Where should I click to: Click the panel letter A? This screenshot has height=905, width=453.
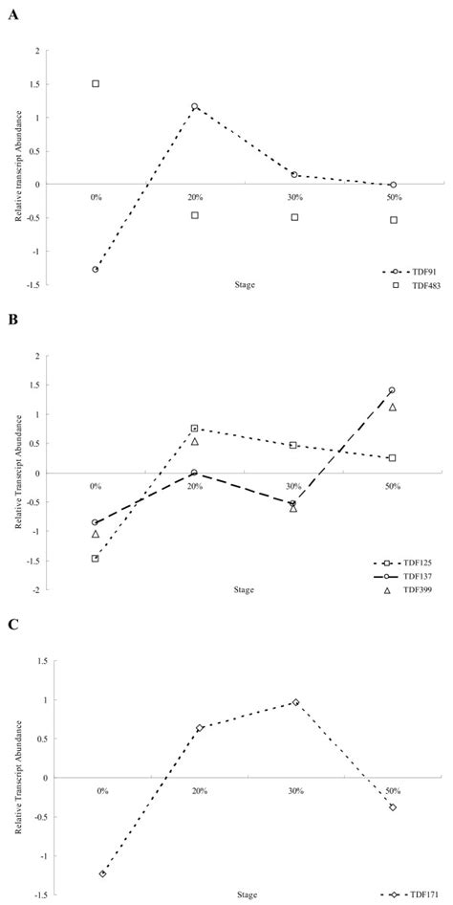coord(12,15)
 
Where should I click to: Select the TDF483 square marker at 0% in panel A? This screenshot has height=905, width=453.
coord(96,83)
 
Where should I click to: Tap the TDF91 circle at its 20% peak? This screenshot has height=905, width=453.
coord(195,107)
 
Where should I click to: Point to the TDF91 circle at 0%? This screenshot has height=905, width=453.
coord(96,270)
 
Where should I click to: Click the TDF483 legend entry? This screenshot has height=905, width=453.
coord(416,284)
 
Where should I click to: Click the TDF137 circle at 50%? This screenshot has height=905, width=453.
coord(392,390)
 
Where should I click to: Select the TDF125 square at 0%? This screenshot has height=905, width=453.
coord(96,558)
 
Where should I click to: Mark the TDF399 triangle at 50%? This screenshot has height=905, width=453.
coord(393,407)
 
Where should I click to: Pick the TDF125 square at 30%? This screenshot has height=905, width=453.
coord(293,445)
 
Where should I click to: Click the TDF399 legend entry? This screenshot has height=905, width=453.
coord(412,590)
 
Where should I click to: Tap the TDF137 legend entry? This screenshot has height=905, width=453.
coord(409,576)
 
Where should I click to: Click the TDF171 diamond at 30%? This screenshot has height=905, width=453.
coord(295,702)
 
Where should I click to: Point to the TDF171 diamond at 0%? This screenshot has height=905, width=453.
coord(102,873)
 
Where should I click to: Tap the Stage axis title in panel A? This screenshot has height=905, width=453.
coord(245,284)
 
